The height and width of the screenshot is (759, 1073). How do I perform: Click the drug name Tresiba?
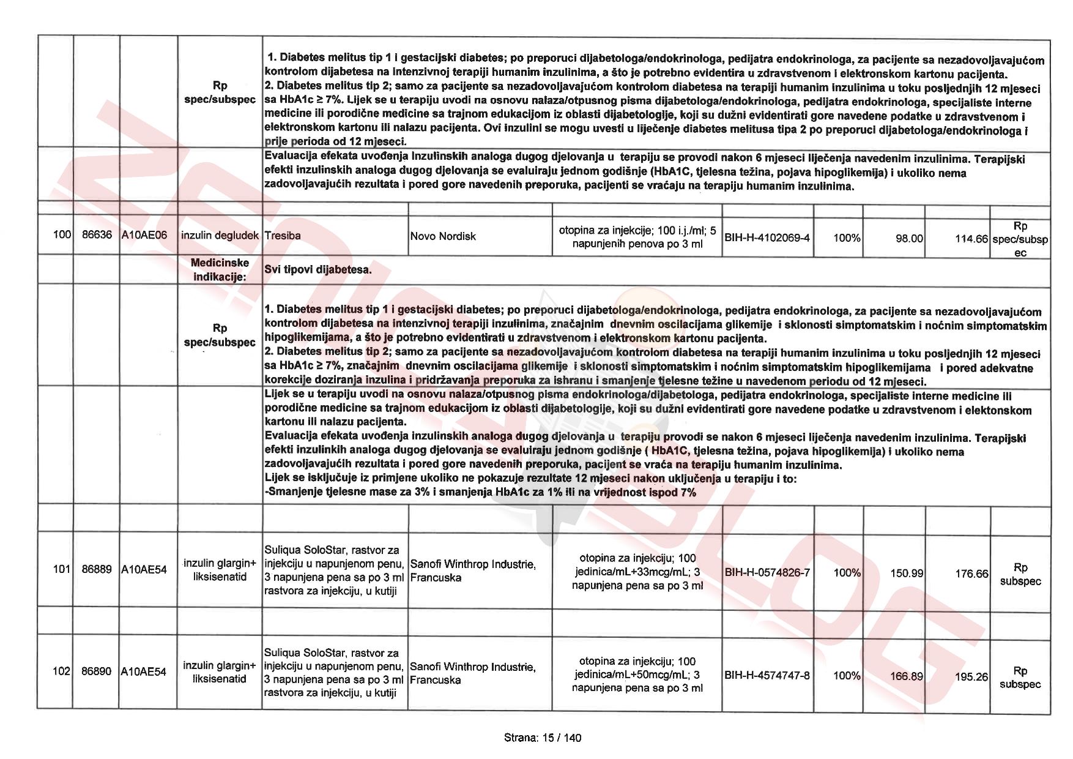283,236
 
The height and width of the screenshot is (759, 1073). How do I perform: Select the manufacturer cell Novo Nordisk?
443,236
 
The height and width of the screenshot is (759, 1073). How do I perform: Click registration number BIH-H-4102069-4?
767,237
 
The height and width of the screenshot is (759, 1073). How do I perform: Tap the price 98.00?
909,238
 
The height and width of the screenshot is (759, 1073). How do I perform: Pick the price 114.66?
971,239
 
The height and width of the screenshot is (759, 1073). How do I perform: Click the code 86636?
97,234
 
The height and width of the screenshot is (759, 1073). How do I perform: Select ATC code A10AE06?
144,235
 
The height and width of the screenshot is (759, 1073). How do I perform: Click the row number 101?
62,569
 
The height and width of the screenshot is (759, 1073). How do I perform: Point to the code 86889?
97,569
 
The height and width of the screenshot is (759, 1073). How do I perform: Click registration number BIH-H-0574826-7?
767,572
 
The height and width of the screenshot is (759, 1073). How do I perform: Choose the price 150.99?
907,573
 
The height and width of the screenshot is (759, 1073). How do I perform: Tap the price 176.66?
971,574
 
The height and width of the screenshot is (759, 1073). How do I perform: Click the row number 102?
62,671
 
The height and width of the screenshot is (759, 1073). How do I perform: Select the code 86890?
97,671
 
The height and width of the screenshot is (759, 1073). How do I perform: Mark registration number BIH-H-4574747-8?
767,675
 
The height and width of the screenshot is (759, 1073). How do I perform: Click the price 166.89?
907,676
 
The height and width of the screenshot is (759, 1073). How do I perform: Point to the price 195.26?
971,676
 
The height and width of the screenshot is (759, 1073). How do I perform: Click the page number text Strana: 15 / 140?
543,738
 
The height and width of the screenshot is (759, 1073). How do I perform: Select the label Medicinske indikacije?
220,269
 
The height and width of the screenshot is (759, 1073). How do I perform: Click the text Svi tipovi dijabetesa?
318,269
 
